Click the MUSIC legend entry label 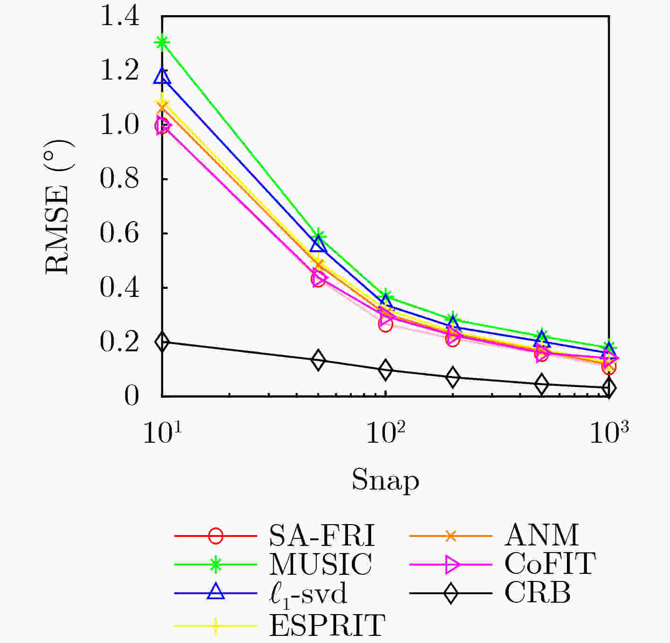point(321,564)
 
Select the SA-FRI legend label point(322,536)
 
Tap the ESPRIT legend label point(328,625)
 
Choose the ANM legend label point(542,536)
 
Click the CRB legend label point(538,592)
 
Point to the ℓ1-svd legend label point(308,593)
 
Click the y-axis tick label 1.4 point(120,17)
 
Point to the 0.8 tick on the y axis point(120,179)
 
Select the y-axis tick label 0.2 point(120,341)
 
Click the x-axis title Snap point(385,480)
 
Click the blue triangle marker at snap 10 point(162,77)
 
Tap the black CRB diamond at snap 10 point(162,341)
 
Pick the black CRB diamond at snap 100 point(386,370)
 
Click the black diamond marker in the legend point(451,593)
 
